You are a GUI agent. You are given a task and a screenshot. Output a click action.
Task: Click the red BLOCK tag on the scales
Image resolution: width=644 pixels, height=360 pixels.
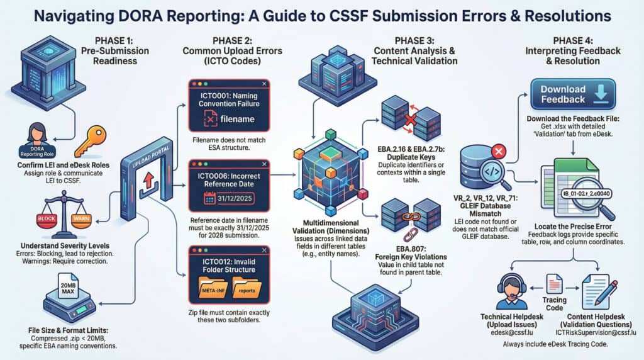(48, 219)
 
